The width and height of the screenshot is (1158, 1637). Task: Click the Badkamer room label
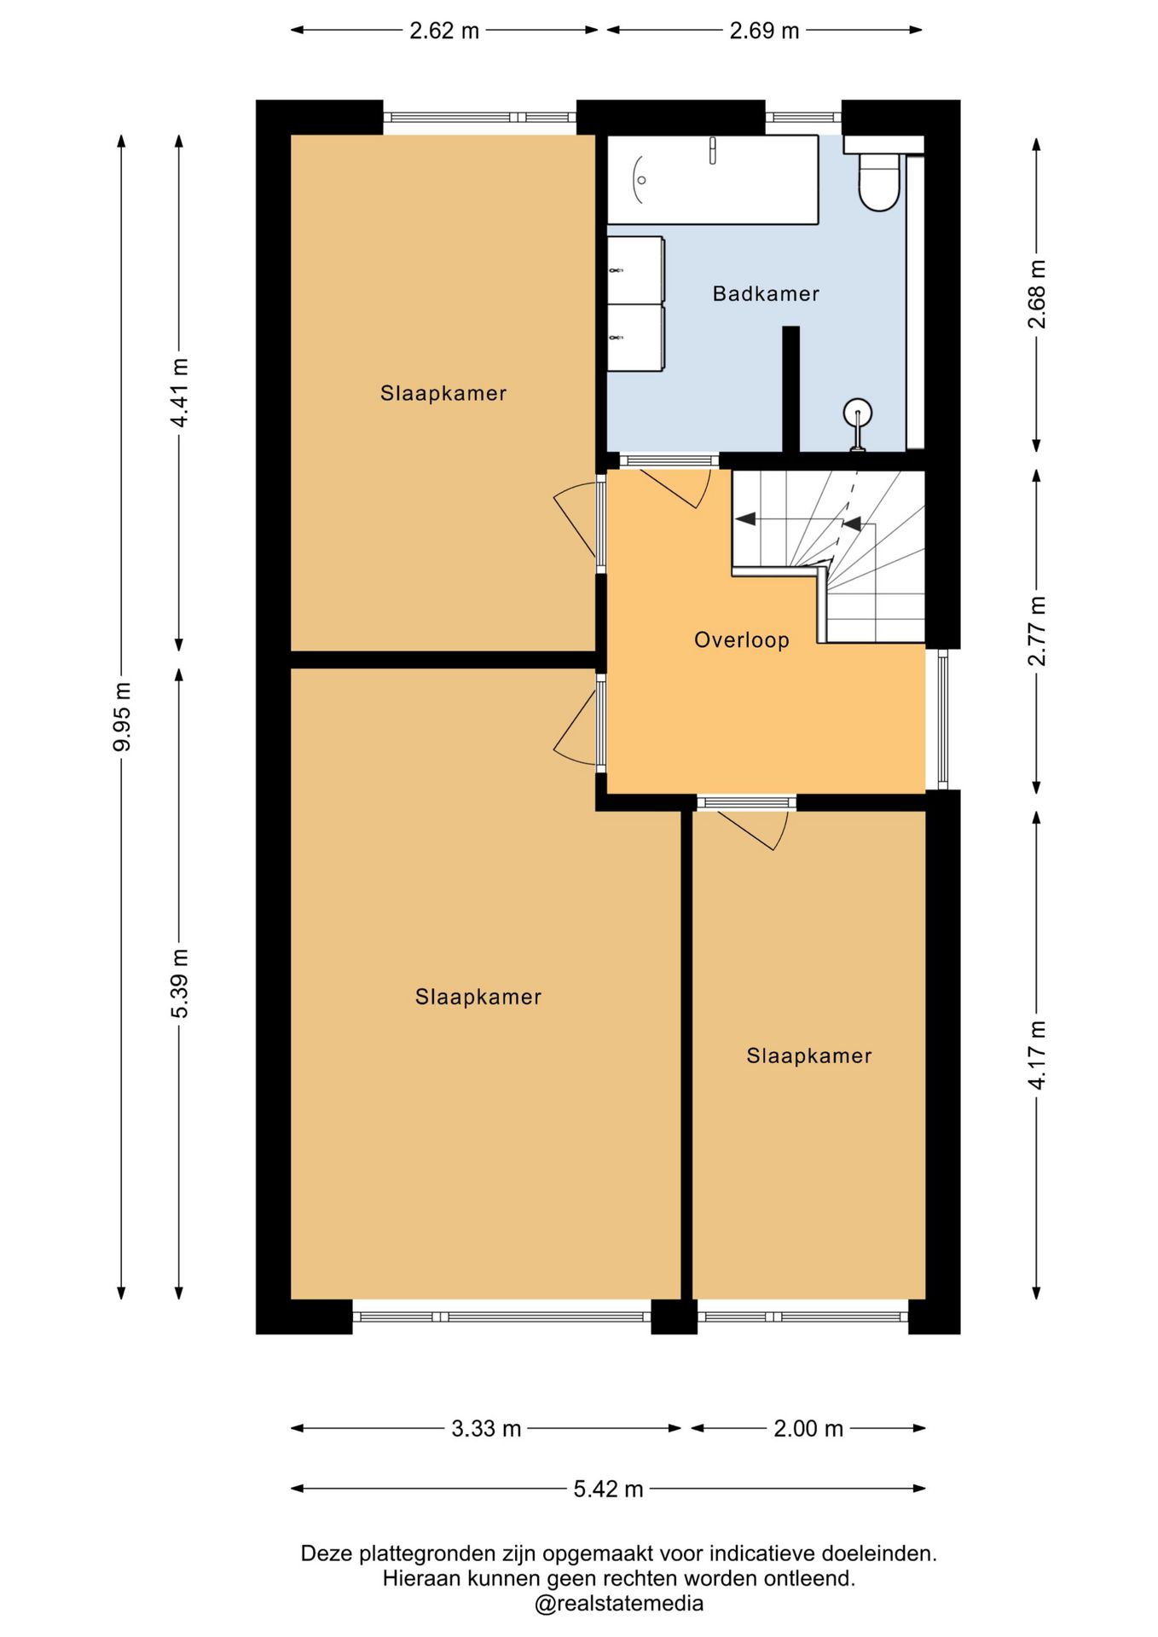(766, 294)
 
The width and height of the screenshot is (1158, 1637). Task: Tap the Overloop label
(741, 640)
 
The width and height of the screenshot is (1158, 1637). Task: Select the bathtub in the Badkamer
(713, 180)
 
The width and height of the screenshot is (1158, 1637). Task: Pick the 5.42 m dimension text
(608, 1489)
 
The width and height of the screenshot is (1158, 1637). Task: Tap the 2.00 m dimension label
(808, 1428)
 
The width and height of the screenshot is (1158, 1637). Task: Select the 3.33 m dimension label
(486, 1428)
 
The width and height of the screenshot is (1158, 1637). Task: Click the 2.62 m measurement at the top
(444, 31)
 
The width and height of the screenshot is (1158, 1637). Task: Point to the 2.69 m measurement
(764, 31)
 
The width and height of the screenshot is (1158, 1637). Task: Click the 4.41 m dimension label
(180, 393)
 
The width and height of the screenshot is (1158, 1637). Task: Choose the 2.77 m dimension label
(1037, 631)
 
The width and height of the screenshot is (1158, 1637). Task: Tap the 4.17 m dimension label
(1037, 1055)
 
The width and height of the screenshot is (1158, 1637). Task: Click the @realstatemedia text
(619, 1604)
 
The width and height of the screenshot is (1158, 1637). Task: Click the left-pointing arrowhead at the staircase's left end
(745, 518)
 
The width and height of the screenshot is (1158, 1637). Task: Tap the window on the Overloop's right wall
(942, 719)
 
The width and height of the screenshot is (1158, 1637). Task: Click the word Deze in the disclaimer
(327, 1553)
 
